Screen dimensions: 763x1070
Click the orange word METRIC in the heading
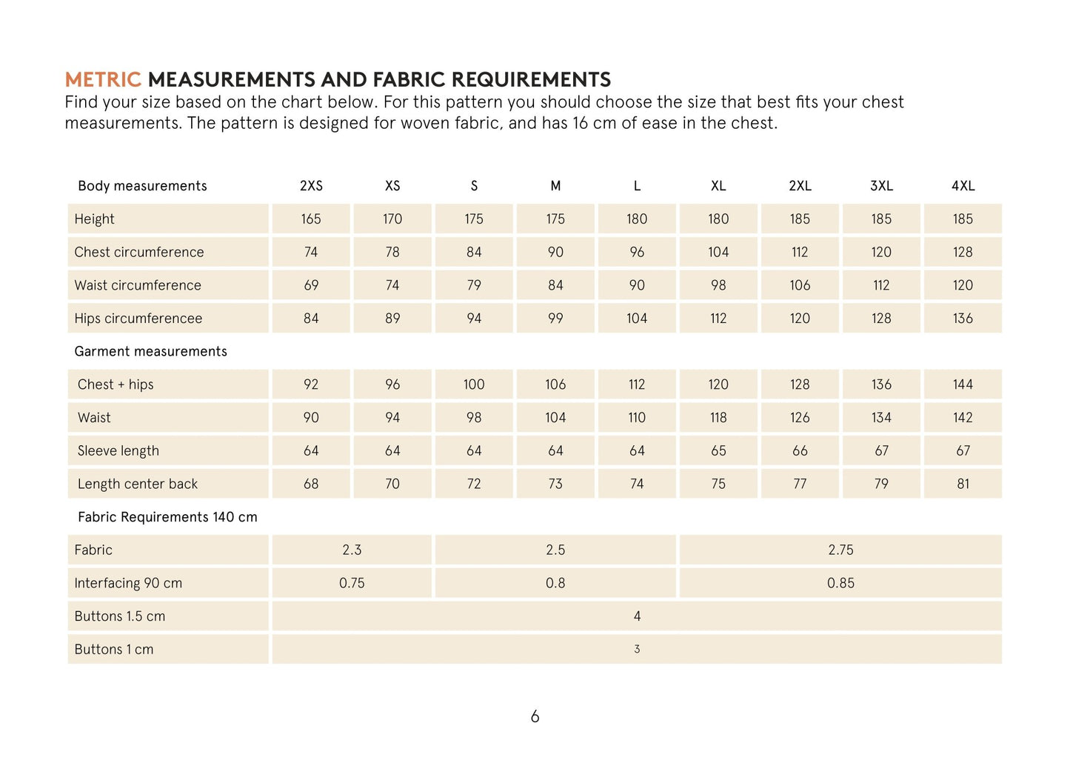(102, 79)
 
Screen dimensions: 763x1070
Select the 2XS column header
(311, 186)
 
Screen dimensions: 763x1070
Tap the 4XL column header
(963, 186)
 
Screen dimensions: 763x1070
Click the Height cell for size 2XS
(311, 219)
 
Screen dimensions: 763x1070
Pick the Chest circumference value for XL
(718, 253)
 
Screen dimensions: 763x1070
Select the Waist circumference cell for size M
(555, 285)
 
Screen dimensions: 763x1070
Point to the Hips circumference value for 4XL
(963, 319)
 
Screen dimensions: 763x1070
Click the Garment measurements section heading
(150, 352)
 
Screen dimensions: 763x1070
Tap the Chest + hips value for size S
(474, 384)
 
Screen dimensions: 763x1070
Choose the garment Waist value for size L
(637, 418)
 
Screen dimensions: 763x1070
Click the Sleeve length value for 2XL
(800, 450)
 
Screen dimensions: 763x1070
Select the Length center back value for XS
(392, 484)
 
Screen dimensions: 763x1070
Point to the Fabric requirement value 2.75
(840, 550)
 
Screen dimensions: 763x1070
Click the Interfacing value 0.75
(352, 583)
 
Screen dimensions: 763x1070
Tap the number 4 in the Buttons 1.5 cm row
(637, 616)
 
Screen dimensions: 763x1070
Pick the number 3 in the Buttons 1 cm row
(637, 650)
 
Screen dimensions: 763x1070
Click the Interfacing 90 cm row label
(128, 583)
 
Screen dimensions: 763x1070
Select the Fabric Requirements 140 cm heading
(167, 517)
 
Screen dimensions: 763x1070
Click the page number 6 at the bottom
(535, 716)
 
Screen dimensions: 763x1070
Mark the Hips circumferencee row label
(138, 319)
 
